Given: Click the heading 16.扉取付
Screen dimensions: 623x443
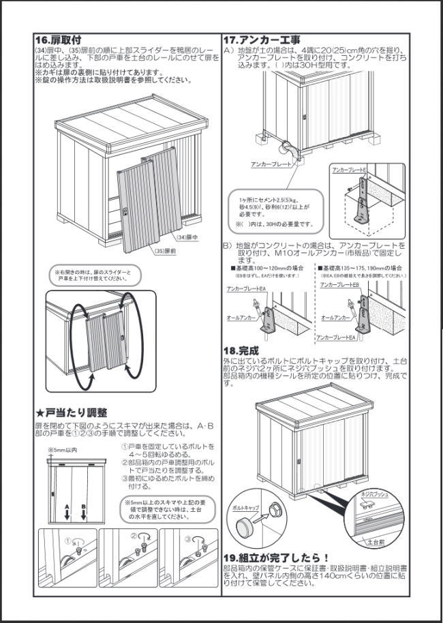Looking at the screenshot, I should tap(62, 40).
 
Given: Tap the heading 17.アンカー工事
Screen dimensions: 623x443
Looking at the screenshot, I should tap(262, 40).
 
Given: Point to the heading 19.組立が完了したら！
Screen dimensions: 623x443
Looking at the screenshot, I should tap(276, 557).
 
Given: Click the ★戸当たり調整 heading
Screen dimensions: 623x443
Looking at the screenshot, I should tap(72, 412).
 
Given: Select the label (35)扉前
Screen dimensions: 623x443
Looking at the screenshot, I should tap(164, 251).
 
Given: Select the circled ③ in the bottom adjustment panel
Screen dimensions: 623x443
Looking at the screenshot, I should tap(187, 538).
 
